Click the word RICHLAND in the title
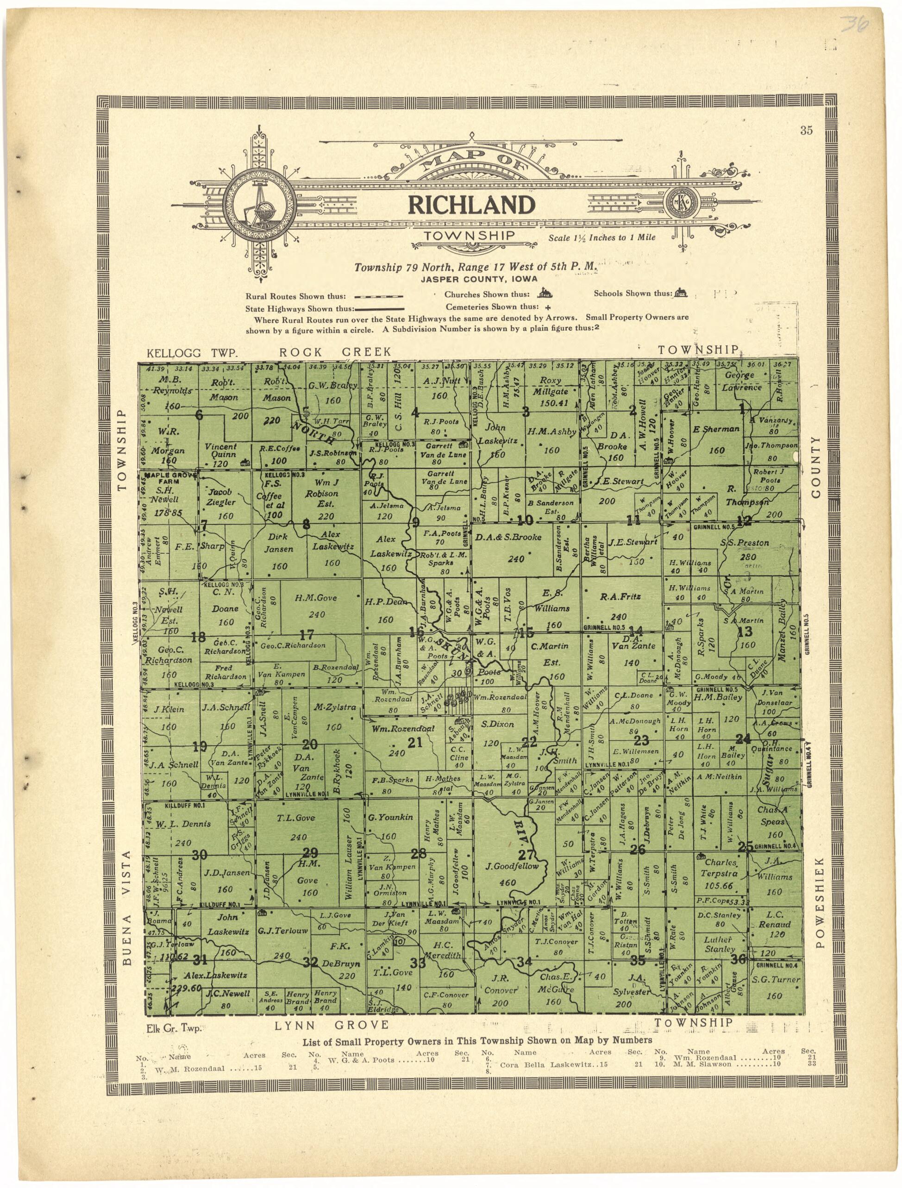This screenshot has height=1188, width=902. point(472,205)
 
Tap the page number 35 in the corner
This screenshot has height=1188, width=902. point(806,131)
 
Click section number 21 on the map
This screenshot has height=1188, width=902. point(415,743)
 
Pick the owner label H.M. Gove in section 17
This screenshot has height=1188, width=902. point(315,598)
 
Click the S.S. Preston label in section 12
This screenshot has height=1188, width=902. point(744,543)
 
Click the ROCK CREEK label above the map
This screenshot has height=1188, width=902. point(335,352)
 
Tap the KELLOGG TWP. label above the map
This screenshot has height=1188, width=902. point(192,353)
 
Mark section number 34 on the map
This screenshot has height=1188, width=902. point(524,961)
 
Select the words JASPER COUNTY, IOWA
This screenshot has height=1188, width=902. point(479,278)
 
